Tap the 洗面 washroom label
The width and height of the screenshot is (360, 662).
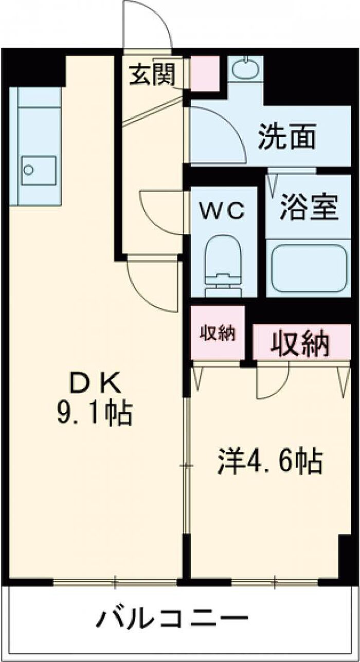tap(286, 137)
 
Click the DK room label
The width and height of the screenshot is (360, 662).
tap(95, 383)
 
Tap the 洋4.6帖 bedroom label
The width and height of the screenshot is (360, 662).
tap(270, 462)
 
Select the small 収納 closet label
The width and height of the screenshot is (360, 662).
tap(218, 333)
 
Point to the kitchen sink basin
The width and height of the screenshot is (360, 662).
tap(39, 171)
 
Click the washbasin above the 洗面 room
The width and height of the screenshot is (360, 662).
tap(245, 69)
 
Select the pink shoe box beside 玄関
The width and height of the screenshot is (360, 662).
tap(205, 73)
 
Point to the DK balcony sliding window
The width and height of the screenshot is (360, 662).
tap(116, 582)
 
